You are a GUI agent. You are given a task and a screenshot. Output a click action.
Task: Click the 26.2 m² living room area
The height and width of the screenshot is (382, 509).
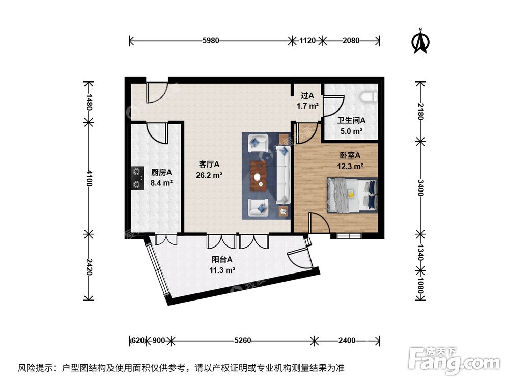pos(209,175)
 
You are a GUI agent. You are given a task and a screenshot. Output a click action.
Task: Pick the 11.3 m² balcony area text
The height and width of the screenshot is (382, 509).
pos(222,270)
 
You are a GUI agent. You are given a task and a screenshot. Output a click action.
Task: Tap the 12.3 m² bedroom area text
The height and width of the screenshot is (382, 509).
pos(350,166)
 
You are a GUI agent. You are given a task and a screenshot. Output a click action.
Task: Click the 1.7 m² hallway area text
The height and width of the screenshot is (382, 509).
pos(307,106)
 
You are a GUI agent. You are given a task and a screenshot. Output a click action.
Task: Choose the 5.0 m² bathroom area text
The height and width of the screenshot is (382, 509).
pos(351,131)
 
